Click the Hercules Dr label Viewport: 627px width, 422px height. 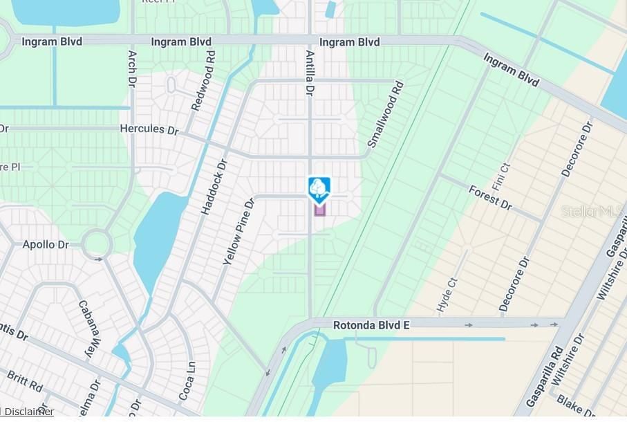pos(149,129)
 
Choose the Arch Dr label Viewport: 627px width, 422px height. pos(132,69)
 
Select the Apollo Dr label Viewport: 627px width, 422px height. pos(46,245)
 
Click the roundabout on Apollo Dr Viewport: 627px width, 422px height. pos(97,244)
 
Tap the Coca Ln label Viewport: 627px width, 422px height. pos(187,380)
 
